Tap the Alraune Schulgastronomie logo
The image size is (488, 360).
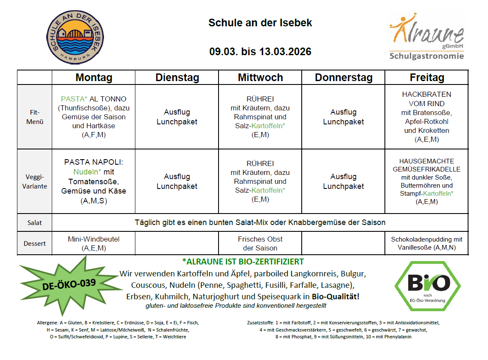tap(426, 37)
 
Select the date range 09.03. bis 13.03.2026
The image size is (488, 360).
tap(260, 52)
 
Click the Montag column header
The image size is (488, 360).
tap(94, 78)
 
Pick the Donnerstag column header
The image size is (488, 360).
tap(344, 78)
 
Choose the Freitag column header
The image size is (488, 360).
tap(427, 78)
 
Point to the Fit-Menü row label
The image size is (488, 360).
tap(34, 117)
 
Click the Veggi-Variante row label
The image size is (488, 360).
tap(34, 182)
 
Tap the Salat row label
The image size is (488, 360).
tap(34, 222)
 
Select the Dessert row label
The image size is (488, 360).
tap(34, 244)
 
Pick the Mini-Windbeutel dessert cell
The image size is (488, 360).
tap(94, 243)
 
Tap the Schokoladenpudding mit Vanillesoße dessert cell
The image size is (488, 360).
tap(426, 243)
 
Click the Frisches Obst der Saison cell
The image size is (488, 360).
tap(260, 243)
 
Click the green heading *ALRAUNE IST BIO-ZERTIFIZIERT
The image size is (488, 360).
tap(243, 262)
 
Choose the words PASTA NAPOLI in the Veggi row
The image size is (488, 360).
tap(93, 162)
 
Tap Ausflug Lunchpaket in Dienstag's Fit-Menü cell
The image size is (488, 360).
tap(177, 117)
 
